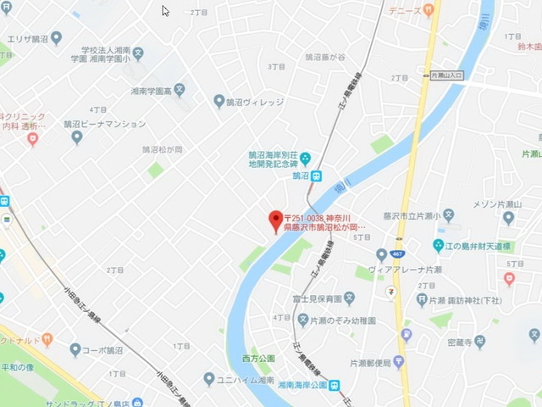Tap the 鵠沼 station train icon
[316, 176]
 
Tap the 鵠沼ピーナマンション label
[104, 124]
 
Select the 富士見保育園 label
[314, 298]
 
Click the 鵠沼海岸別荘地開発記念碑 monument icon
[306, 157]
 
